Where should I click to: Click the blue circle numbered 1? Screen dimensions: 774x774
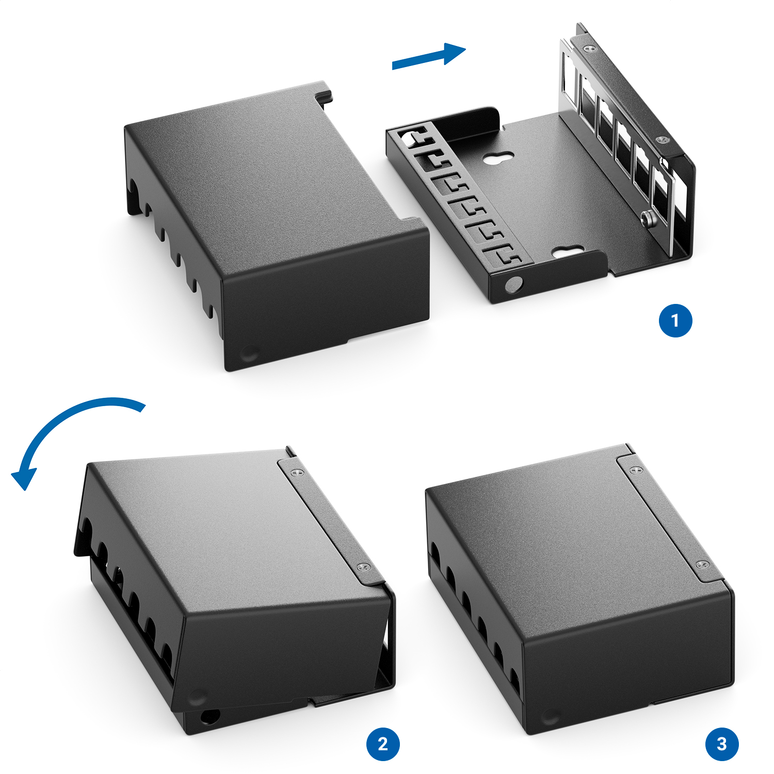tap(675, 321)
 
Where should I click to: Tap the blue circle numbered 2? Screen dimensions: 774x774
tap(383, 744)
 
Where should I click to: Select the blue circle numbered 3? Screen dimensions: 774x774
tap(722, 744)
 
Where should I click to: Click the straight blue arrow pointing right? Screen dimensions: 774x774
tap(429, 56)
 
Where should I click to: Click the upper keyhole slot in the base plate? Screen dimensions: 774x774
tap(498, 158)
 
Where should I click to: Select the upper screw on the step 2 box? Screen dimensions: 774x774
tap(296, 473)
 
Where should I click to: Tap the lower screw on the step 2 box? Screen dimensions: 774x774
tap(364, 567)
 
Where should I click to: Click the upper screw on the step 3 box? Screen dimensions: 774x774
tap(635, 470)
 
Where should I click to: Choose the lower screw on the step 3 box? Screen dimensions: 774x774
tap(702, 565)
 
